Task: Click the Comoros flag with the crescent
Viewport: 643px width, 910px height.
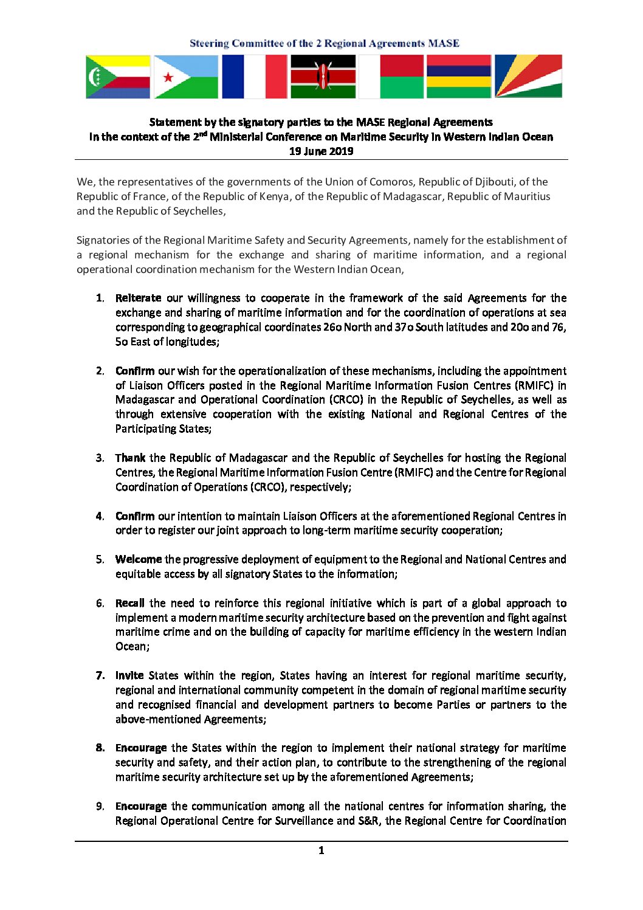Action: (x=118, y=77)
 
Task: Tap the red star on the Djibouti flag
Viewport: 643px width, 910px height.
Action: (x=168, y=77)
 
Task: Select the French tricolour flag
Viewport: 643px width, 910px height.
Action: (x=254, y=77)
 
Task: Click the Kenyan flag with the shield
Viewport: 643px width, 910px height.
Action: (x=323, y=77)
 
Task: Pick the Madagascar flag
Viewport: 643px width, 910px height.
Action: (x=391, y=77)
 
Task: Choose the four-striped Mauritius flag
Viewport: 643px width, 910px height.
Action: (x=459, y=77)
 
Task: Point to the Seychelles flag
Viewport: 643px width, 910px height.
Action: (x=528, y=77)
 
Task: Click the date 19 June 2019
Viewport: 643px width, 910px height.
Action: (x=321, y=151)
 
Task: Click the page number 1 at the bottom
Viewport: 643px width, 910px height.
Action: (x=321, y=850)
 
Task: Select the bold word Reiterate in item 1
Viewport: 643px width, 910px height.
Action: (x=138, y=298)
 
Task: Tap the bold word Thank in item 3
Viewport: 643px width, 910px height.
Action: (x=130, y=458)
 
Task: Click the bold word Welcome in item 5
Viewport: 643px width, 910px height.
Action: (x=139, y=559)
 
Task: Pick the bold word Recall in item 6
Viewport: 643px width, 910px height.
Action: (x=129, y=603)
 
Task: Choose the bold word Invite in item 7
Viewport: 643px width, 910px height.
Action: (x=129, y=675)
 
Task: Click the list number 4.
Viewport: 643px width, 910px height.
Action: (x=100, y=516)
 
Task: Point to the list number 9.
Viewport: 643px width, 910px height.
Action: (x=100, y=806)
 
